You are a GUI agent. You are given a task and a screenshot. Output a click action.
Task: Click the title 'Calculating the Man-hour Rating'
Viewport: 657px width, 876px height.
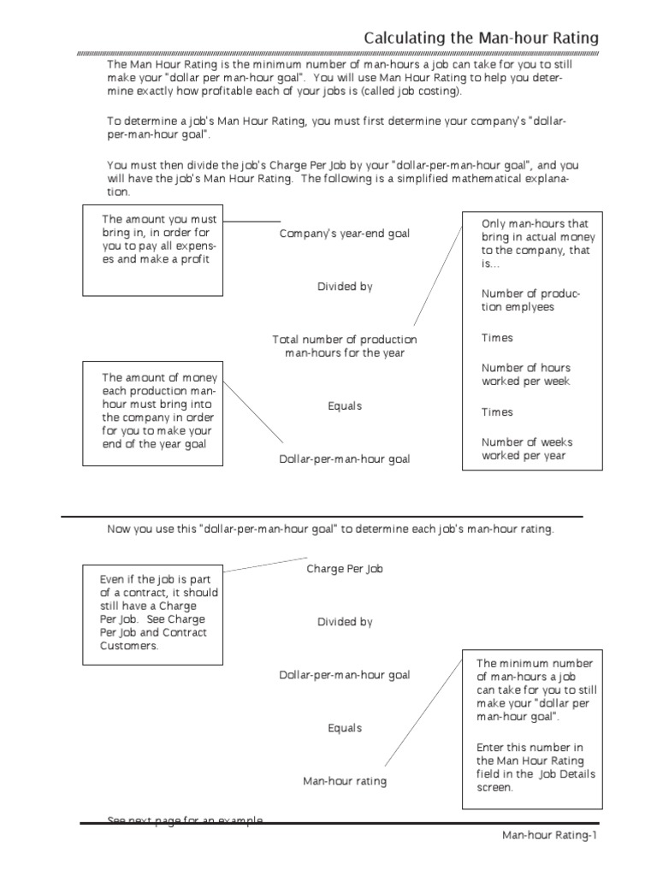tap(481, 38)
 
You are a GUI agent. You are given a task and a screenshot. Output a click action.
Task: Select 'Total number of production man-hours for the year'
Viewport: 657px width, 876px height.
tap(344, 346)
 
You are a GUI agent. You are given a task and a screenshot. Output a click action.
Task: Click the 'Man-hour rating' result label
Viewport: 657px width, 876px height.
tap(345, 781)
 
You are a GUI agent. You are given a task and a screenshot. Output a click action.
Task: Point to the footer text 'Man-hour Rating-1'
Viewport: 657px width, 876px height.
tap(547, 836)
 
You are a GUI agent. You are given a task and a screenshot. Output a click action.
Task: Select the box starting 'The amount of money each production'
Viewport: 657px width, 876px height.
tap(153, 413)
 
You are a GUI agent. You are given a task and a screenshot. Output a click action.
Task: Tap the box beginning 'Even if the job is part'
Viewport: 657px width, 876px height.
tap(153, 613)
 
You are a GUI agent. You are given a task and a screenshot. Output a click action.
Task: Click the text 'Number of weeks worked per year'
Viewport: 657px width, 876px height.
tap(527, 449)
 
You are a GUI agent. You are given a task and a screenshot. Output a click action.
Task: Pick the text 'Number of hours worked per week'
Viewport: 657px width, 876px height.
tap(526, 375)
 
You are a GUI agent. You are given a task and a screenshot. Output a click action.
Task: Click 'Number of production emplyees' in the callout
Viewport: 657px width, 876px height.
tap(530, 300)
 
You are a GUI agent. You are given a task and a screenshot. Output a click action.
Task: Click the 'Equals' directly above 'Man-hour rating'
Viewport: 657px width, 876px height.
tap(345, 729)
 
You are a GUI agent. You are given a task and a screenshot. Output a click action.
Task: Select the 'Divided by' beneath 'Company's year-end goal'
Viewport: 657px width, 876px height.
tap(345, 287)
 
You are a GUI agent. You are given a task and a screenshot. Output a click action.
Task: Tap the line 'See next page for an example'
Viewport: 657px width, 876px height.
tap(185, 820)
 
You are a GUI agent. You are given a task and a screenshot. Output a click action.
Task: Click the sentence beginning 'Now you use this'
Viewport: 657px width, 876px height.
tap(330, 529)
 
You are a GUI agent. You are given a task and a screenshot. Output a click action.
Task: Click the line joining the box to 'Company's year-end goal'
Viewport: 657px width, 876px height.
tap(251, 222)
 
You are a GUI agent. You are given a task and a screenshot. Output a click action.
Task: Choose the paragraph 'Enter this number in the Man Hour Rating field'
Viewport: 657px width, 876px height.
tap(536, 767)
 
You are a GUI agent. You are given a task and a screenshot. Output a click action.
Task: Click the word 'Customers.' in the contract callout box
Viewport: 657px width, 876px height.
tap(129, 647)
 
